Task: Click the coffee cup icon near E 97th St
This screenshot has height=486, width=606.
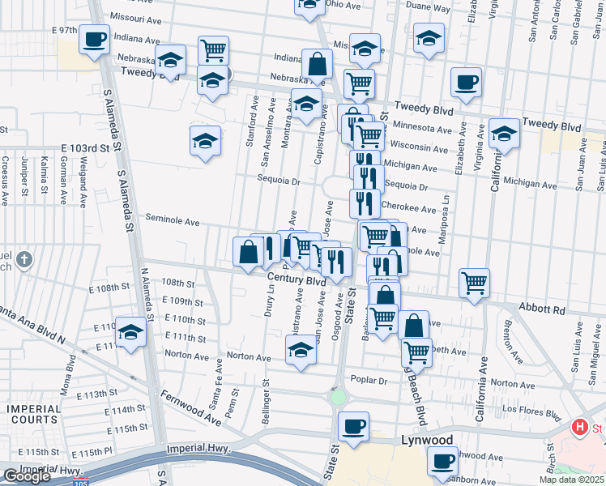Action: pyautogui.click(x=95, y=39)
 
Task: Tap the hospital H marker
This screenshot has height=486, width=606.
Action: pyautogui.click(x=580, y=428)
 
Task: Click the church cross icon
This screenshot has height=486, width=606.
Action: pyautogui.click(x=25, y=260)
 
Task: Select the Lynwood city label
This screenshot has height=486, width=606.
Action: pyautogui.click(x=427, y=440)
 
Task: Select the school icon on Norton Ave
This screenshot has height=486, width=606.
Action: pyautogui.click(x=301, y=350)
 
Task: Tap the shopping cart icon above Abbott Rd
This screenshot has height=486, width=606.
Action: pyautogui.click(x=474, y=282)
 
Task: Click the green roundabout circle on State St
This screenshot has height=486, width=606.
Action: pyautogui.click(x=338, y=397)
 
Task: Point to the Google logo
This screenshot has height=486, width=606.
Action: pyautogui.click(x=27, y=475)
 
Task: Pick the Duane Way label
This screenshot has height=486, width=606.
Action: pyautogui.click(x=428, y=8)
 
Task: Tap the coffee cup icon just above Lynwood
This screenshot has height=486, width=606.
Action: pyautogui.click(x=353, y=426)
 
